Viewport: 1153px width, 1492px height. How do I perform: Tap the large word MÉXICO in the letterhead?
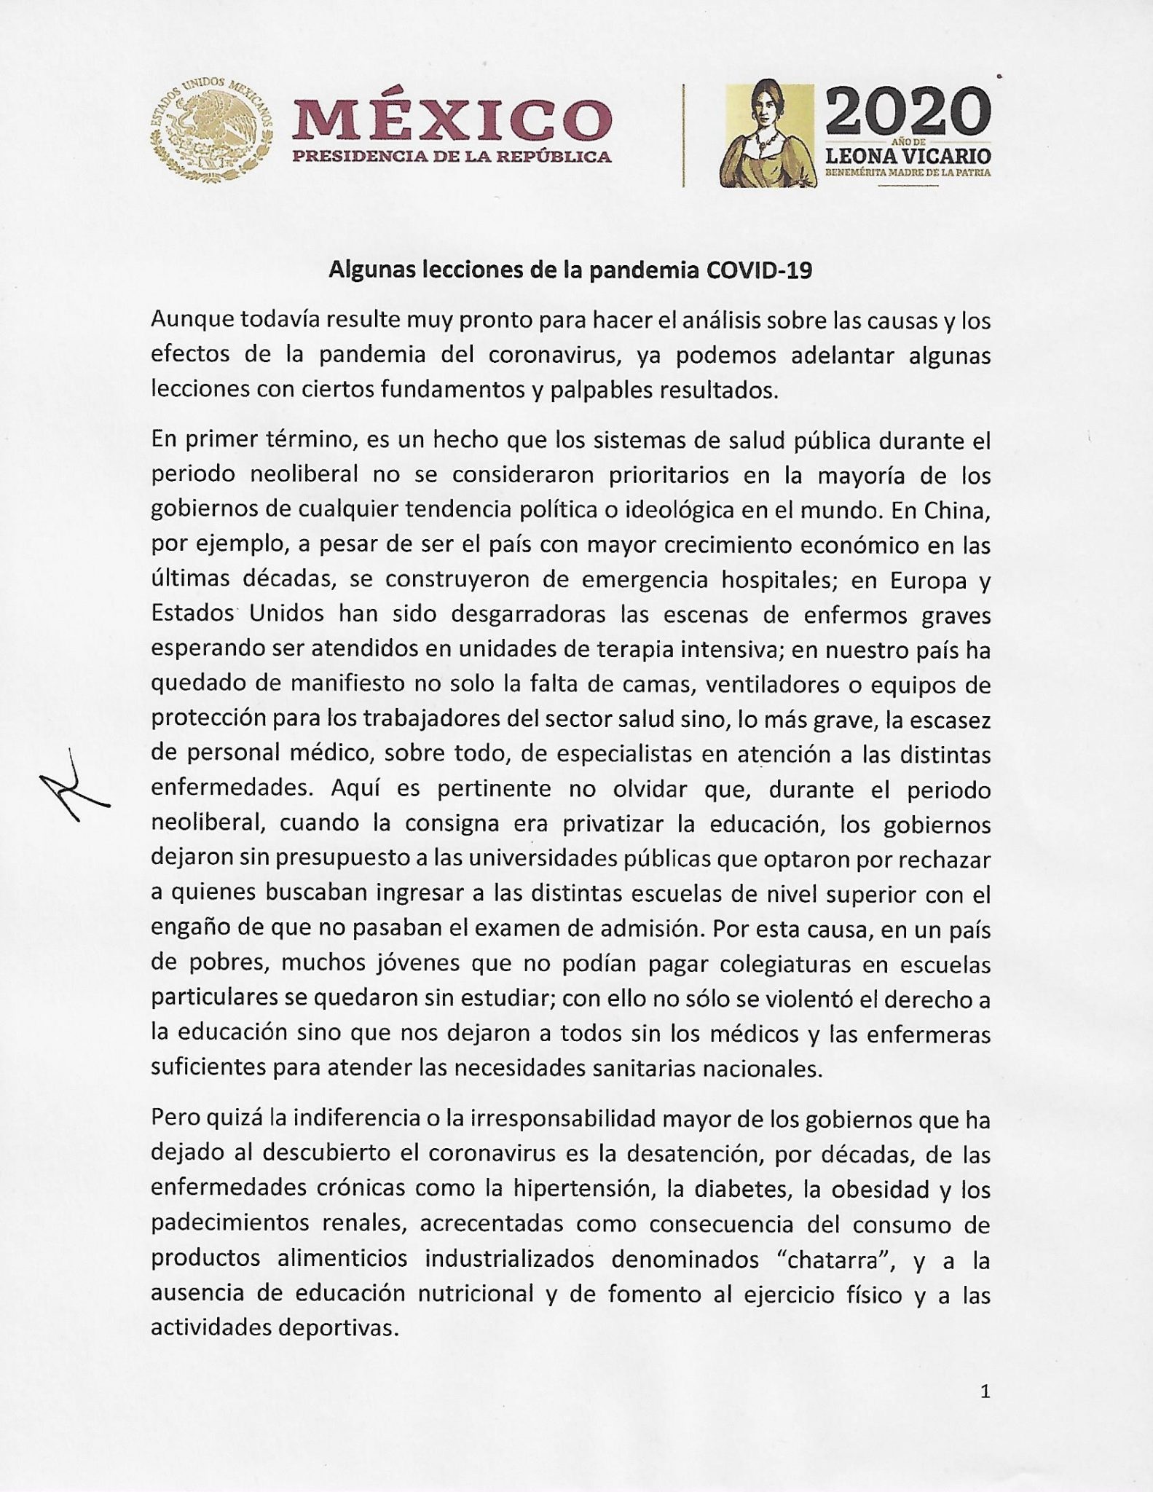452,119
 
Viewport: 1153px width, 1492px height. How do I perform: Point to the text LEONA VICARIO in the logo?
908,156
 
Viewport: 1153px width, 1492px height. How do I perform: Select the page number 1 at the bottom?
985,1391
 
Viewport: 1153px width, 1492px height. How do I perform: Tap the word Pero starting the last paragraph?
173,1120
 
